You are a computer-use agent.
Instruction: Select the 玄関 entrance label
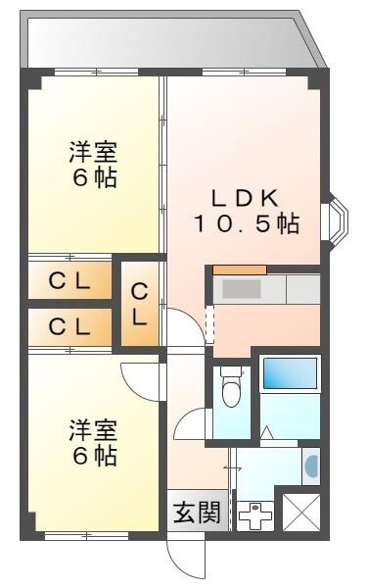click(197, 513)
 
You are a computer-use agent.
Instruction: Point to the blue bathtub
click(289, 376)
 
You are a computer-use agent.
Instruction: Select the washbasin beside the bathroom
click(311, 466)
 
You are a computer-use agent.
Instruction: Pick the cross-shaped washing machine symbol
click(255, 514)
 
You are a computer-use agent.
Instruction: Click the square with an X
click(299, 512)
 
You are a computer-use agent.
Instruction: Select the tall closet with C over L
click(140, 304)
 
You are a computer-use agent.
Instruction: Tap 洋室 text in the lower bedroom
click(93, 430)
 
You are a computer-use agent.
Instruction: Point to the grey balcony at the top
click(166, 41)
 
